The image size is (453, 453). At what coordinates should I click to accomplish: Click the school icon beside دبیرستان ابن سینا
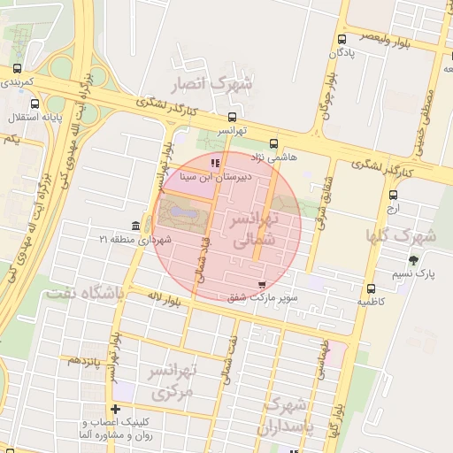(214, 163)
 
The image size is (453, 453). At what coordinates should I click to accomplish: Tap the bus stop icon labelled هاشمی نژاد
(273, 142)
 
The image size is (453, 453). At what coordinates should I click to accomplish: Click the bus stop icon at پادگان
(342, 39)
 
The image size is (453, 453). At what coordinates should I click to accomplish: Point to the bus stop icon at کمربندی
(17, 68)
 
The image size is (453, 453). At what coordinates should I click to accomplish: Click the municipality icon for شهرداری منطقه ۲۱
(134, 226)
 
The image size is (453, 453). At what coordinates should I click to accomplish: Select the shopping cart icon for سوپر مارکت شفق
(261, 284)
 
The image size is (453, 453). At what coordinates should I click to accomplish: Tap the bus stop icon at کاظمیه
(370, 288)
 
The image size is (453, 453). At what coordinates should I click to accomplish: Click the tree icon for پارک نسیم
(413, 260)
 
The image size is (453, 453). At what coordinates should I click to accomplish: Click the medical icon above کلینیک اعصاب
(115, 409)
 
